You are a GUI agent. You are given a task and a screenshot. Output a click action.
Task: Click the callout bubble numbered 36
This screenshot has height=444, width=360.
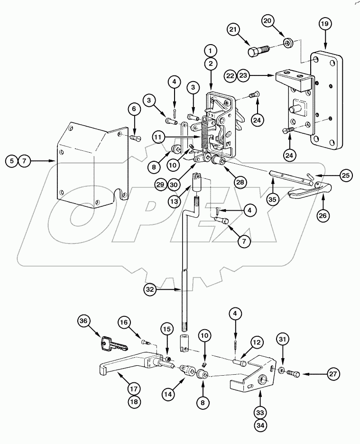84,321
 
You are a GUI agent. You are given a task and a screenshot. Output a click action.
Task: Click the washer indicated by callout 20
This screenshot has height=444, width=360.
287,44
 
